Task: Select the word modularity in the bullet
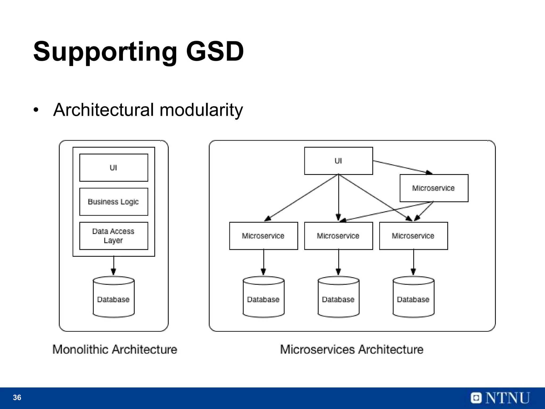[x=201, y=110]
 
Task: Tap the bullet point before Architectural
[x=36, y=110]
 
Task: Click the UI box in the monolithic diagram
[x=114, y=168]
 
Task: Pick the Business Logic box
[x=114, y=202]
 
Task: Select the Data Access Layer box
[x=114, y=236]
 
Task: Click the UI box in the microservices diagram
[x=338, y=161]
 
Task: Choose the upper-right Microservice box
[x=434, y=188]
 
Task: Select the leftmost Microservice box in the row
[x=263, y=236]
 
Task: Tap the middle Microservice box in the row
[x=338, y=236]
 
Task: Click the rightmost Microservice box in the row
[x=413, y=236]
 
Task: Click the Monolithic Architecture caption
[x=115, y=349]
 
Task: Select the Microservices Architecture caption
[x=352, y=349]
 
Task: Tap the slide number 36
[x=17, y=398]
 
